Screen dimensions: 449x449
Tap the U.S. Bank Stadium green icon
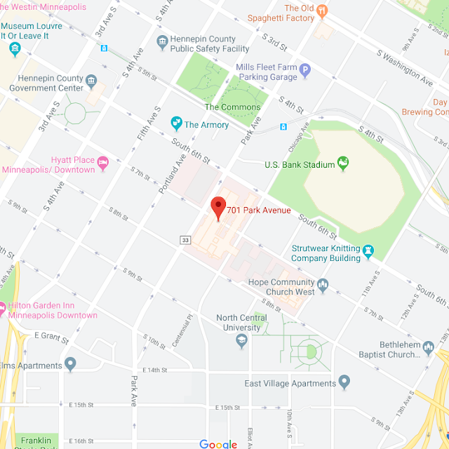[343, 164]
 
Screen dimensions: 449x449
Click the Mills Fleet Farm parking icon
[304, 70]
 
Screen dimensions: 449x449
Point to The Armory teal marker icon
[177, 124]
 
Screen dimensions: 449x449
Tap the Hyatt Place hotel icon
[103, 163]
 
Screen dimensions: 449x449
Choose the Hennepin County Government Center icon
[91, 83]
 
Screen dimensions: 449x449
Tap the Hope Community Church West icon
[323, 286]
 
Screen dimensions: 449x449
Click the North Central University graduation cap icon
[242, 340]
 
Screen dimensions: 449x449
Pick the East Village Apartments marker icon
[344, 382]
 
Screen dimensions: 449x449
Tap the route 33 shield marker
[185, 240]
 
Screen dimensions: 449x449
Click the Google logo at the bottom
[218, 443]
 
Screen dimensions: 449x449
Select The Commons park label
[232, 107]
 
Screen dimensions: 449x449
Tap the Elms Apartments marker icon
[70, 364]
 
